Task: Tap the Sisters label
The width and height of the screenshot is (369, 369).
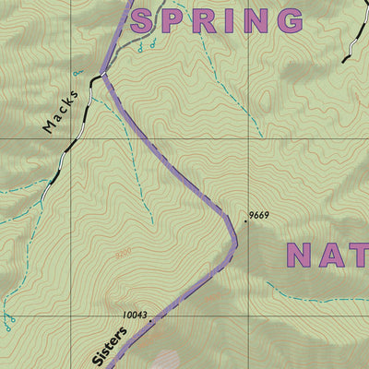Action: (109, 343)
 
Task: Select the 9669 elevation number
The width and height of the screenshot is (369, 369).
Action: (258, 217)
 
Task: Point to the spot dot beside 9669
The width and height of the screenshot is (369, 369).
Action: (245, 221)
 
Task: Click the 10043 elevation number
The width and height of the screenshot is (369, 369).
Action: (135, 315)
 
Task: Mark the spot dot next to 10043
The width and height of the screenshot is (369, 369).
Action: (151, 320)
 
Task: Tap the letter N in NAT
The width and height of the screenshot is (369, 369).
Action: (302, 255)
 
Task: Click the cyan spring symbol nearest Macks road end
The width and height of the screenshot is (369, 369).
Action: (77, 72)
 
